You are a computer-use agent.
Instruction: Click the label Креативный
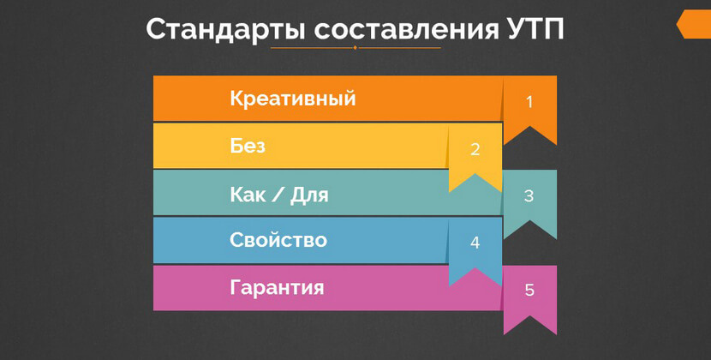(x=292, y=99)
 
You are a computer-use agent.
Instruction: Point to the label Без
(x=248, y=146)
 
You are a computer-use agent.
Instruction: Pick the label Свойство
(x=278, y=240)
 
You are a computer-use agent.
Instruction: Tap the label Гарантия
(x=277, y=288)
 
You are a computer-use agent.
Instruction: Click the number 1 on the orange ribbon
(x=529, y=102)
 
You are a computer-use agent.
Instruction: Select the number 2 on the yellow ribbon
(x=475, y=149)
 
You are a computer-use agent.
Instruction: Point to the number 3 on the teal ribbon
(x=529, y=195)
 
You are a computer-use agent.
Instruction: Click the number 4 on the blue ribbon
(x=475, y=243)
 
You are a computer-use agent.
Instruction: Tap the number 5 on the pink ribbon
(x=529, y=291)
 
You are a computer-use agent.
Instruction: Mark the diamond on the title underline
(x=355, y=48)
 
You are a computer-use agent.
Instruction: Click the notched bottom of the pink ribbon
(x=529, y=324)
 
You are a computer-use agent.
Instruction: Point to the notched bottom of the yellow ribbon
(x=475, y=182)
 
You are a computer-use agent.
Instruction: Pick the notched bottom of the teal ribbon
(x=529, y=229)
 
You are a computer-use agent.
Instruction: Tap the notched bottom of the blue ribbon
(x=475, y=276)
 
